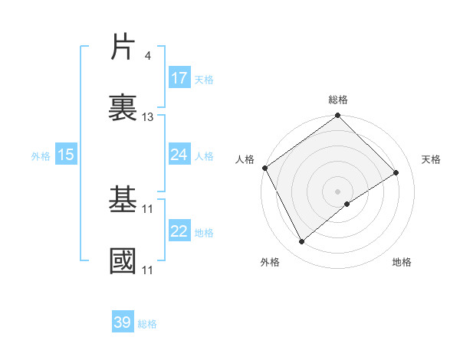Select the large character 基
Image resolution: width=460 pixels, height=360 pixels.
(x=123, y=201)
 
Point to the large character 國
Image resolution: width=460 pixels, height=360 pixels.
(x=123, y=261)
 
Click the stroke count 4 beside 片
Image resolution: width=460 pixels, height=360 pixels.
(x=147, y=56)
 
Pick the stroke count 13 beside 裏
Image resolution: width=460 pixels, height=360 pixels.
(x=148, y=117)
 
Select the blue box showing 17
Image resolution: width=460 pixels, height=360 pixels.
(x=179, y=78)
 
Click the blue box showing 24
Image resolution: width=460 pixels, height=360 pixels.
(x=179, y=155)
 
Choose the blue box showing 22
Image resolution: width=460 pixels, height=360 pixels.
(x=179, y=232)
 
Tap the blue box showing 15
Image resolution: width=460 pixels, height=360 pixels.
(x=66, y=155)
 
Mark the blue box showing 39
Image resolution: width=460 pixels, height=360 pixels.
(x=122, y=323)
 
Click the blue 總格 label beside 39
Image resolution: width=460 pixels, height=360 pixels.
(x=147, y=324)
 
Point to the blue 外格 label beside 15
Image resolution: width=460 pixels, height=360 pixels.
(x=41, y=155)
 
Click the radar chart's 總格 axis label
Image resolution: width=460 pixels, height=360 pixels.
(x=338, y=100)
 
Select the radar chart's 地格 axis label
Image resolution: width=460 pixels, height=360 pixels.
(x=402, y=263)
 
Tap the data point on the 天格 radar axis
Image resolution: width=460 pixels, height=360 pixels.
(x=396, y=172)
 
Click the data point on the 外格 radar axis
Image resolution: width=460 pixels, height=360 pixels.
(x=302, y=242)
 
